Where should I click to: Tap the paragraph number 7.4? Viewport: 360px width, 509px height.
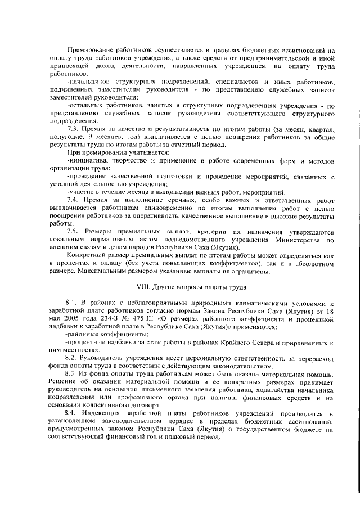point(74,200)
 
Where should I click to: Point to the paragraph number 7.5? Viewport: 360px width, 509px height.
point(74,232)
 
